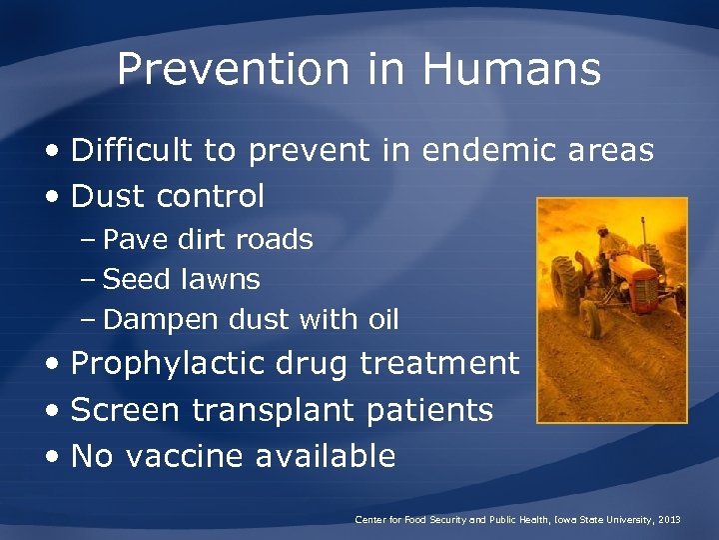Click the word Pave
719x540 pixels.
coord(132,240)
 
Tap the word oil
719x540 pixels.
coord(382,320)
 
